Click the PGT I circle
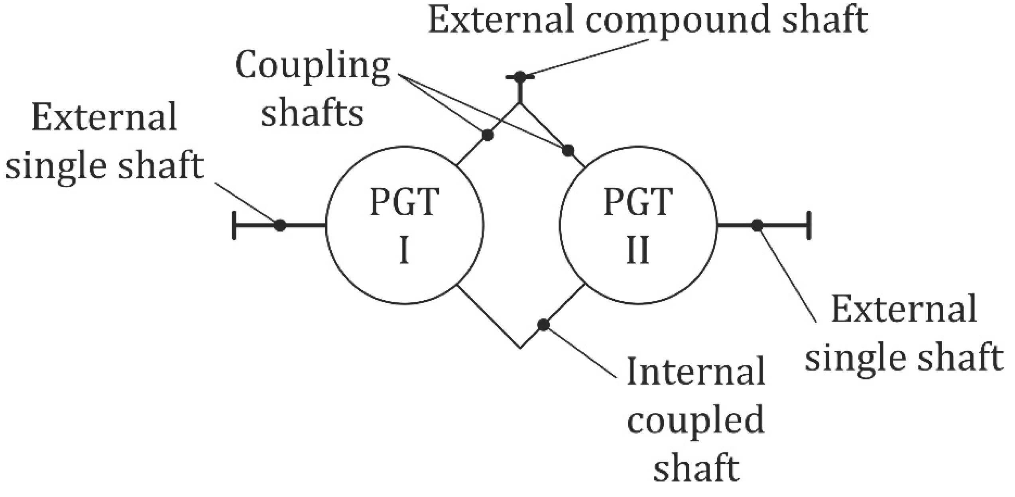point(405,226)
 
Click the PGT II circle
point(638,226)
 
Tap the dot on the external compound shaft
point(519,77)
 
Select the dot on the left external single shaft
point(280,225)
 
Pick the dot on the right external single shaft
point(757,225)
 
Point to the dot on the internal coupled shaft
point(543,325)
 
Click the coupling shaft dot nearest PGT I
point(488,135)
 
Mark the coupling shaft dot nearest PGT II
point(568,151)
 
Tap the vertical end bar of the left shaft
point(234,226)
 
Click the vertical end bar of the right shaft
point(808,226)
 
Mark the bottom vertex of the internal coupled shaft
point(520,348)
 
